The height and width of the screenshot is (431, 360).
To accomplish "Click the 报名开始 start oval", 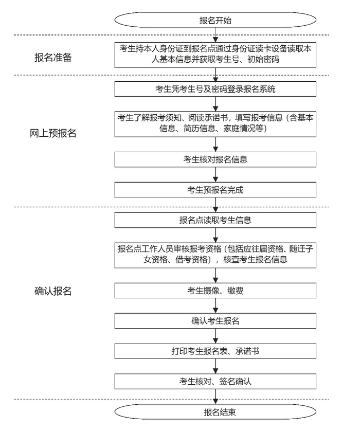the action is (x=215, y=20).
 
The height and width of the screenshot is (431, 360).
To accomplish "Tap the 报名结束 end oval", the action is (x=215, y=412).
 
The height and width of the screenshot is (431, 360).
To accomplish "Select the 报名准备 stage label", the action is (x=53, y=58).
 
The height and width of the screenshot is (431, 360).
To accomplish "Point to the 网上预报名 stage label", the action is (x=53, y=133).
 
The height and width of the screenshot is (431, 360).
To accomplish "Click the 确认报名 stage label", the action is (x=53, y=291).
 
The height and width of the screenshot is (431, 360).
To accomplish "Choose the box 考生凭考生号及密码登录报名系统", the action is (x=215, y=89).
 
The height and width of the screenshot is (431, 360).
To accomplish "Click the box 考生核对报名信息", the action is (x=215, y=159).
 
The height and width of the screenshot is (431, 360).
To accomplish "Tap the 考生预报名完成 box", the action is (x=215, y=190).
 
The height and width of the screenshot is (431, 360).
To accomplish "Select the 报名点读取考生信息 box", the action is (x=215, y=220).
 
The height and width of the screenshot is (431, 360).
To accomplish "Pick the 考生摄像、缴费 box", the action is (x=215, y=291).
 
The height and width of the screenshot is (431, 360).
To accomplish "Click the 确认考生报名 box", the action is (x=215, y=321).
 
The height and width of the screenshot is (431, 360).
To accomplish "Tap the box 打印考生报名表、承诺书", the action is (x=215, y=351).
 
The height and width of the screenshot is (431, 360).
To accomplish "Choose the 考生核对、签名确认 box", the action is (x=215, y=381).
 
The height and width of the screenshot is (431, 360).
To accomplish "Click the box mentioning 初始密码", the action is (x=215, y=55).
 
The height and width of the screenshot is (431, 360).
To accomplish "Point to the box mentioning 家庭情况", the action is (x=215, y=124).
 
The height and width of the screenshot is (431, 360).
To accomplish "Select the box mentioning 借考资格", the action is (x=215, y=255).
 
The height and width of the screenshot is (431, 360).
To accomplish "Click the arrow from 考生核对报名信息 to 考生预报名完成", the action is (x=215, y=174).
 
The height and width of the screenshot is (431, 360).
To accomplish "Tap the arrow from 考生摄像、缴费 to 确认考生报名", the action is (x=215, y=306).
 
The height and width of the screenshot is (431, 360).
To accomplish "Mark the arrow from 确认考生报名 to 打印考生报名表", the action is (x=215, y=336).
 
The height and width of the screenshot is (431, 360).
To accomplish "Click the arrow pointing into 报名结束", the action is (x=215, y=397).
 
